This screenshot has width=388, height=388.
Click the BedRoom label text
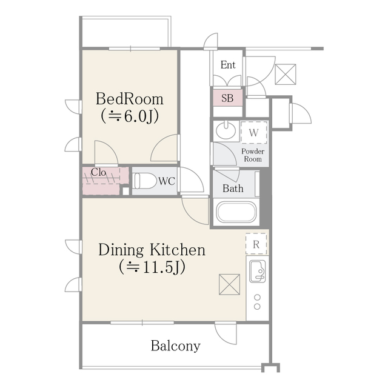click(129, 99)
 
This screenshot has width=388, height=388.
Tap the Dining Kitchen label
click(152, 249)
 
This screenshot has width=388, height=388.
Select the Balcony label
click(175, 346)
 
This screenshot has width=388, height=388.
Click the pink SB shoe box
click(227, 98)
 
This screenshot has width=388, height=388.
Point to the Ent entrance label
click(228, 65)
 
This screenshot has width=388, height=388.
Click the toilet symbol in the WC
click(144, 181)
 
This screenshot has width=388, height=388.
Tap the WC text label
click(167, 181)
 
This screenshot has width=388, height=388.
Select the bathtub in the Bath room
click(236, 213)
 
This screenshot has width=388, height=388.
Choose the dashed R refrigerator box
click(256, 244)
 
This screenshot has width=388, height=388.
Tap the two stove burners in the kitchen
click(257, 302)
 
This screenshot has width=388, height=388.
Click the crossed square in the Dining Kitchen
click(229, 284)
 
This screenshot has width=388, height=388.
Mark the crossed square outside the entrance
click(284, 74)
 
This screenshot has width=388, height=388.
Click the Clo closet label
click(99, 172)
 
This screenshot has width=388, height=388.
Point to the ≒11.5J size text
click(152, 266)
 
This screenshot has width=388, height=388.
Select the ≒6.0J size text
click(129, 116)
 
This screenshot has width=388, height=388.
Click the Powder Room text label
click(252, 155)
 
